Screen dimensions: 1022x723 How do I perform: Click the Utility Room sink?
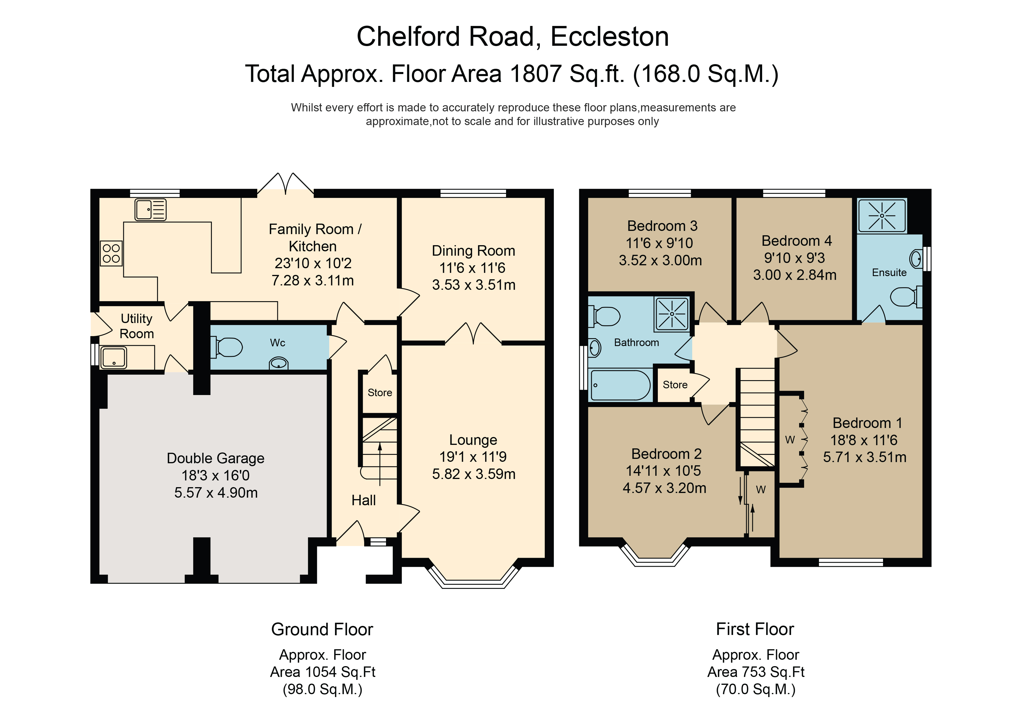click(x=114, y=358)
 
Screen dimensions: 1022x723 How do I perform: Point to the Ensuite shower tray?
click(x=882, y=216)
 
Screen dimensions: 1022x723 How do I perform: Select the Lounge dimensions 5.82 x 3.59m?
click(x=474, y=474)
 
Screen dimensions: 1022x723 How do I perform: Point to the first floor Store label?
click(x=675, y=385)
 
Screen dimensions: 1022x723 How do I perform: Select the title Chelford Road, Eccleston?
click(x=513, y=36)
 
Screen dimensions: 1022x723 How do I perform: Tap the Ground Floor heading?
click(x=322, y=629)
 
